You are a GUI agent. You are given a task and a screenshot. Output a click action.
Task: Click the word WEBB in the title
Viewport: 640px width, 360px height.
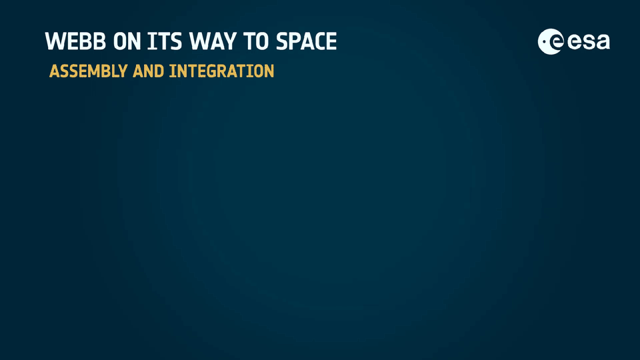75,41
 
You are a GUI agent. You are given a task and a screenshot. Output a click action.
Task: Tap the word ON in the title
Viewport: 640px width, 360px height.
127,41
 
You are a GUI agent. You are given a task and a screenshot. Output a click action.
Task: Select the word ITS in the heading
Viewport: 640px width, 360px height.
165,41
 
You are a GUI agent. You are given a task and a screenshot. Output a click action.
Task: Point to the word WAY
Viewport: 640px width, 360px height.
213,41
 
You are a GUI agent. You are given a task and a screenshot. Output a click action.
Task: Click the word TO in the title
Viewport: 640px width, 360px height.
256,41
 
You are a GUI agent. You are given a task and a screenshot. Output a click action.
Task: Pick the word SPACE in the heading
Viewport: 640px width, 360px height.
306,41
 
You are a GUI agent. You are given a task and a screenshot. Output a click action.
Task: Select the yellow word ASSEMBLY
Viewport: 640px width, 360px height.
88,71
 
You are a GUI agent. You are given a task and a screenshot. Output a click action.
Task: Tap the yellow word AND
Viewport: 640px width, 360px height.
148,71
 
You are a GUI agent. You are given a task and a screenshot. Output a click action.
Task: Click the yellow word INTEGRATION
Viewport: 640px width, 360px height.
221,71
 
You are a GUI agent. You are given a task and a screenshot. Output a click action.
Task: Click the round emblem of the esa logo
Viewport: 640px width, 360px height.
551,41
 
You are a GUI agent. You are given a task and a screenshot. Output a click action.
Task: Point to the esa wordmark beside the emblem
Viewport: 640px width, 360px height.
589,42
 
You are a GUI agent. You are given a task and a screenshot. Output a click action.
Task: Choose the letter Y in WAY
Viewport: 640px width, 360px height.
229,41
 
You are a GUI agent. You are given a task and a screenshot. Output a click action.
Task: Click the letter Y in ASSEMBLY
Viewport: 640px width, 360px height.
121,71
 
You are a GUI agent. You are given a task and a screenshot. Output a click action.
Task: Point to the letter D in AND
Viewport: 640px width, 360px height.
159,71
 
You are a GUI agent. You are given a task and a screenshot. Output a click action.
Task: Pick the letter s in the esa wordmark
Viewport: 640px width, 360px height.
588,43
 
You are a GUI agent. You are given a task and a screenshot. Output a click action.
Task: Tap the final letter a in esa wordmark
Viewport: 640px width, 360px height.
603,43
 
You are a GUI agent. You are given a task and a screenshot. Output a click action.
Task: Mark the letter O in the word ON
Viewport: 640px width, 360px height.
120,41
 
